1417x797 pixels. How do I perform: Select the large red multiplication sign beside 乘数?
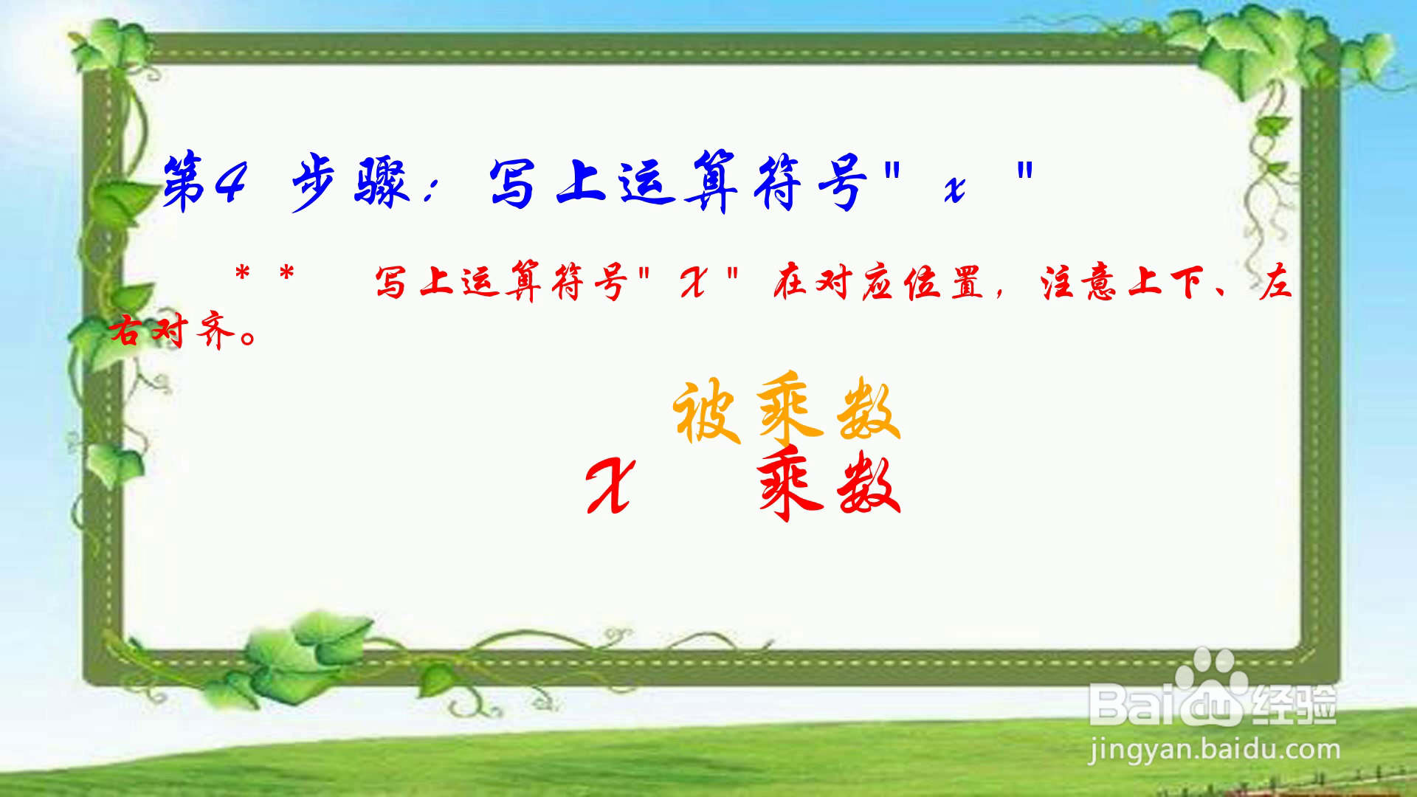[609, 486]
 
